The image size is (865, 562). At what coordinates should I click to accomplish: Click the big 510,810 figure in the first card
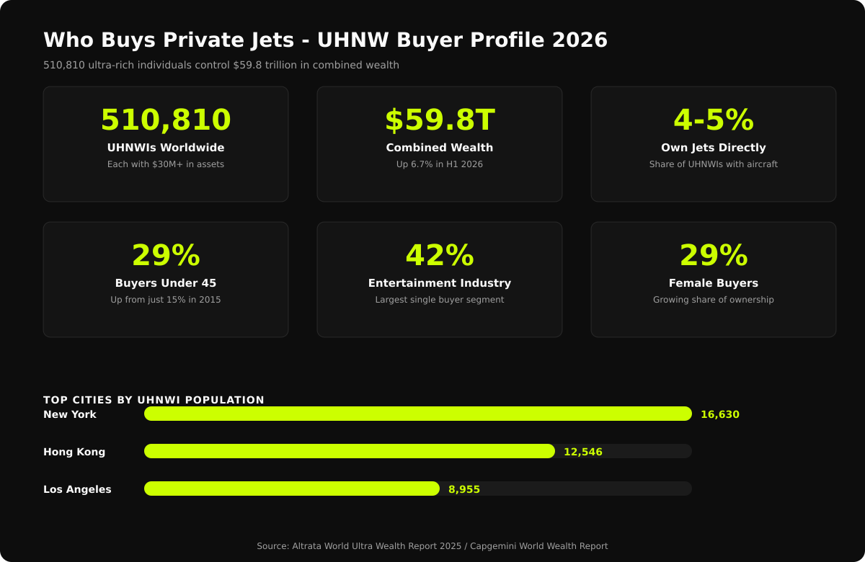pyautogui.click(x=166, y=120)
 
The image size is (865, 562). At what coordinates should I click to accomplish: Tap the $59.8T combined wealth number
pyautogui.click(x=440, y=120)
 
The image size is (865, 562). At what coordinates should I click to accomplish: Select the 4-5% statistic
pyautogui.click(x=714, y=120)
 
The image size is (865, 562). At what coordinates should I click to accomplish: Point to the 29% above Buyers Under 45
pyautogui.click(x=166, y=256)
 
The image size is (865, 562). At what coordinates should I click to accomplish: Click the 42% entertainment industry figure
pyautogui.click(x=440, y=256)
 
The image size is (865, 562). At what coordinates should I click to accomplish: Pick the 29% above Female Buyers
pyautogui.click(x=714, y=256)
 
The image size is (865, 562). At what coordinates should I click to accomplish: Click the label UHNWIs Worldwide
pyautogui.click(x=166, y=148)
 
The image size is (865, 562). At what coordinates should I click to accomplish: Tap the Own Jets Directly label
pyautogui.click(x=714, y=148)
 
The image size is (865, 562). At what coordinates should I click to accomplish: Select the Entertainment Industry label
pyautogui.click(x=440, y=283)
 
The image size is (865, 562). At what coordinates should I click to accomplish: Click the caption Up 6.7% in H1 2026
pyautogui.click(x=440, y=164)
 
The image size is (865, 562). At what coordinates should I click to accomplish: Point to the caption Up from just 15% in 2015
pyautogui.click(x=166, y=300)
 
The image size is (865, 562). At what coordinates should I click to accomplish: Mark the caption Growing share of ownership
pyautogui.click(x=714, y=300)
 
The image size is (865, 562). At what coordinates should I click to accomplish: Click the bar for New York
pyautogui.click(x=418, y=414)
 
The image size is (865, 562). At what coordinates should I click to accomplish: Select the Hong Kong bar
pyautogui.click(x=350, y=451)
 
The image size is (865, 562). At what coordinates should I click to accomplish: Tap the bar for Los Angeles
pyautogui.click(x=292, y=489)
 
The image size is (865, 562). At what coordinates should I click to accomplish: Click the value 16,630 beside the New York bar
pyautogui.click(x=719, y=414)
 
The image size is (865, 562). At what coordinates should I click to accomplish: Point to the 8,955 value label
pyautogui.click(x=464, y=489)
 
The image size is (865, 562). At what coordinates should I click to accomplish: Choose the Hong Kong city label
pyautogui.click(x=74, y=452)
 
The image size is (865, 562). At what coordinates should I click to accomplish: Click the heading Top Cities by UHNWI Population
pyautogui.click(x=154, y=400)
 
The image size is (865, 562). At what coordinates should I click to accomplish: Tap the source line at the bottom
pyautogui.click(x=432, y=546)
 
